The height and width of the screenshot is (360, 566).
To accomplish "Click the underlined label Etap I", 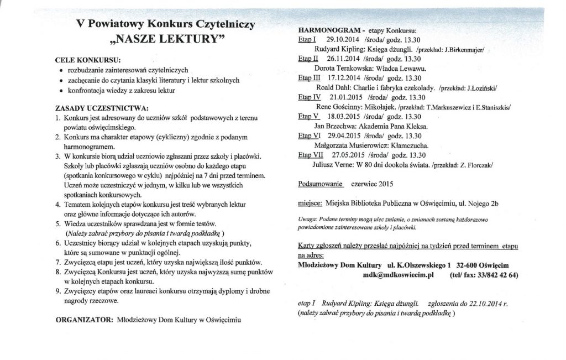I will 306,40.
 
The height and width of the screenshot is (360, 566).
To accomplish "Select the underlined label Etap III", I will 309,77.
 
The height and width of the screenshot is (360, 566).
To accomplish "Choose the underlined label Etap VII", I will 311,154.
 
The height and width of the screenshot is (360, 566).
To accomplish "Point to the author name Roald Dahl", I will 334,87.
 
